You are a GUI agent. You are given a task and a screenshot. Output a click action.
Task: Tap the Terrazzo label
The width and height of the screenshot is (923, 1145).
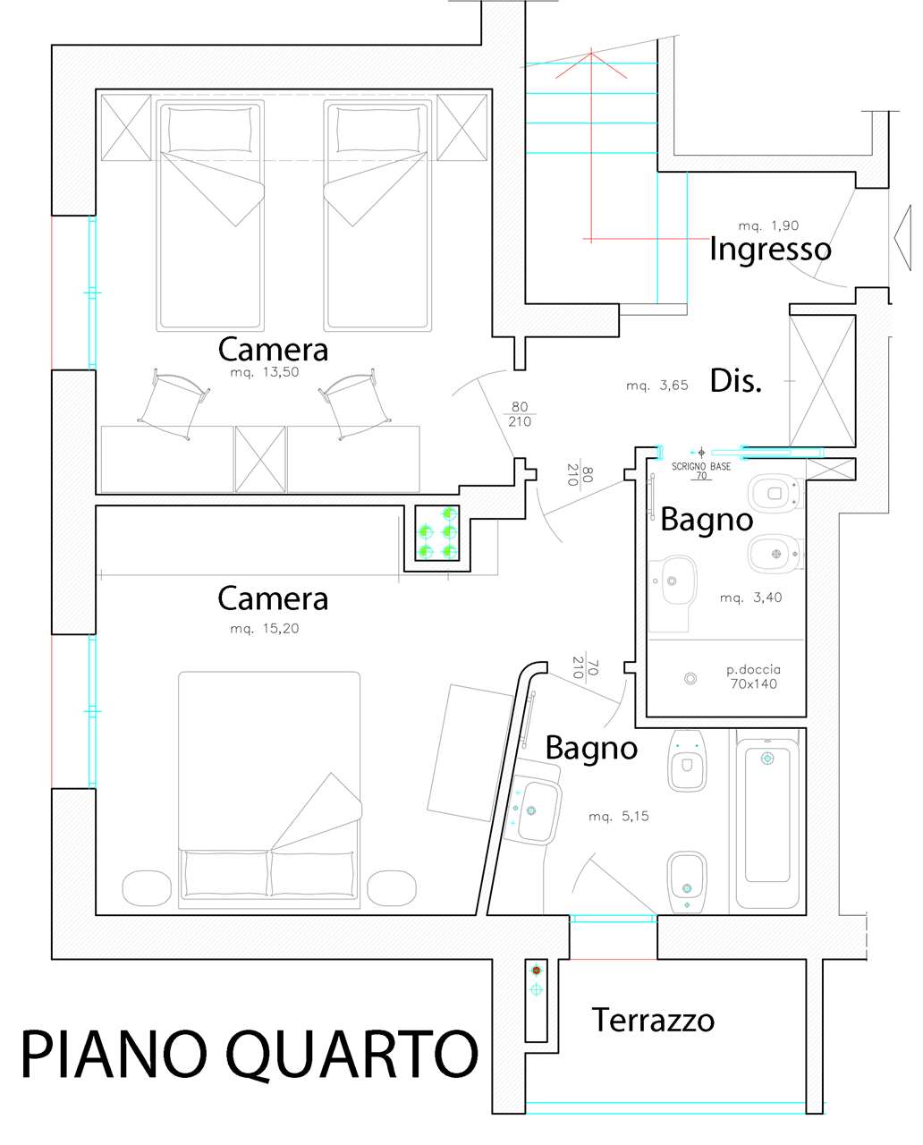pos(653,1021)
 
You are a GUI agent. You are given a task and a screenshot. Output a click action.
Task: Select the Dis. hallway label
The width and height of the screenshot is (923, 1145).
pos(736,381)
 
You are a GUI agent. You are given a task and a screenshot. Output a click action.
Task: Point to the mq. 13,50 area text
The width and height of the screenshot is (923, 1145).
pos(265,372)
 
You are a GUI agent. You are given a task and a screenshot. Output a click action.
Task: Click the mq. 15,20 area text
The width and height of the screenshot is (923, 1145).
pos(265,628)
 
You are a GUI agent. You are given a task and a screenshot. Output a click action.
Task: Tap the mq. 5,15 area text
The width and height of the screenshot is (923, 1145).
pos(619,816)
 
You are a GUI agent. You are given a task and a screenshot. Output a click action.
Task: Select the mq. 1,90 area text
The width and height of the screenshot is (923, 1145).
pos(769,225)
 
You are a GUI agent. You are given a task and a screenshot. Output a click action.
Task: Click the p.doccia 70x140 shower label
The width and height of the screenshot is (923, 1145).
pos(753,677)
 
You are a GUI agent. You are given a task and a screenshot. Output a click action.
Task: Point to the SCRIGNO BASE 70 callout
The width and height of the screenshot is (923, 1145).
pos(701,471)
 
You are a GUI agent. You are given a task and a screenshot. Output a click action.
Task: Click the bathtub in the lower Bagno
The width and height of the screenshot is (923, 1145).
pos(767,819)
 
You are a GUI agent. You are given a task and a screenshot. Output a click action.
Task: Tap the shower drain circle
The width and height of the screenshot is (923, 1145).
pos(690,678)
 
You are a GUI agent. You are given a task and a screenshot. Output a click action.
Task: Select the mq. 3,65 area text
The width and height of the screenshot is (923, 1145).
pos(657,386)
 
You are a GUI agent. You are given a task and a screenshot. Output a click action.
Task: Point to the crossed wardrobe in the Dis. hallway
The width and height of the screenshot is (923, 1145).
pos(823,381)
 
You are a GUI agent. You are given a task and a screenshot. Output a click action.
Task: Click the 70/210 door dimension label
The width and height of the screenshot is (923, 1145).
pos(586,667)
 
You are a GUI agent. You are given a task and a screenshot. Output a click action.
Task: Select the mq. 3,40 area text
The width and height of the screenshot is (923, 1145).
pos(750,598)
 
